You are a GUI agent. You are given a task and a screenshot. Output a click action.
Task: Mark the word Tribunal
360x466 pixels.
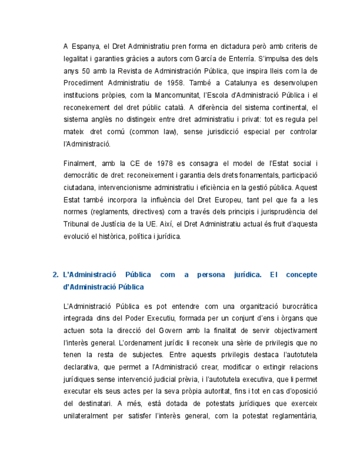pyautogui.click(x=77, y=224)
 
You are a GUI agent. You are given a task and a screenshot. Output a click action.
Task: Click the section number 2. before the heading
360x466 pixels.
pyautogui.click(x=56, y=275)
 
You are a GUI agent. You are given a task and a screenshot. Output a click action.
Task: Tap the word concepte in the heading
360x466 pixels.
pyautogui.click(x=302, y=275)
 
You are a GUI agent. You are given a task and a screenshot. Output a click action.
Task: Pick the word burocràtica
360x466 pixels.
pyautogui.click(x=292, y=306)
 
